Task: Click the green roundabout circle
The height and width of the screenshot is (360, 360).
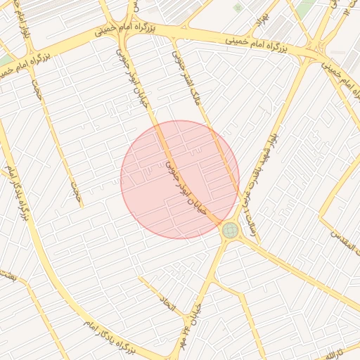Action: coord(230,230)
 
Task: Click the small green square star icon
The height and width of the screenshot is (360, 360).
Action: coord(238,7)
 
